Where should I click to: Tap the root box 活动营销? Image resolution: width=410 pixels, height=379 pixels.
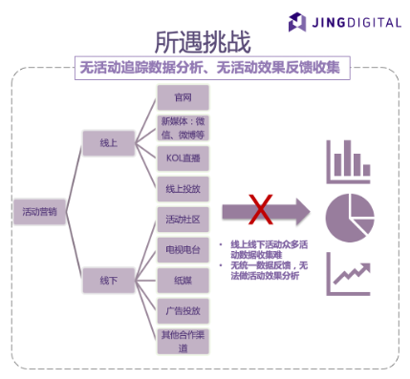pyautogui.click(x=38, y=213)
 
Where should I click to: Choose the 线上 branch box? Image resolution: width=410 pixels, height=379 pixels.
pyautogui.click(x=107, y=142)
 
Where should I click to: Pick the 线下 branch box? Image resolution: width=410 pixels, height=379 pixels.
pyautogui.click(x=107, y=281)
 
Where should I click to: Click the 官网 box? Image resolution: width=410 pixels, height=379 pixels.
pyautogui.click(x=182, y=98)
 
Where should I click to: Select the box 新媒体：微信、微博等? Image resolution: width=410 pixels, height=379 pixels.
pyautogui.click(x=182, y=128)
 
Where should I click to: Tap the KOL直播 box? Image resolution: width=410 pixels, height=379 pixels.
pyautogui.click(x=182, y=158)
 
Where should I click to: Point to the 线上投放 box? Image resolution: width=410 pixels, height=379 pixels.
pyautogui.click(x=182, y=188)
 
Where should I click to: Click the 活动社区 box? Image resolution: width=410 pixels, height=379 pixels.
pyautogui.click(x=182, y=219)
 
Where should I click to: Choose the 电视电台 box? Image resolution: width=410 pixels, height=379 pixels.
pyautogui.click(x=182, y=249)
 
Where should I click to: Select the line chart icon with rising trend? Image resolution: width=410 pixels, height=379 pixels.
pyautogui.click(x=348, y=275)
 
